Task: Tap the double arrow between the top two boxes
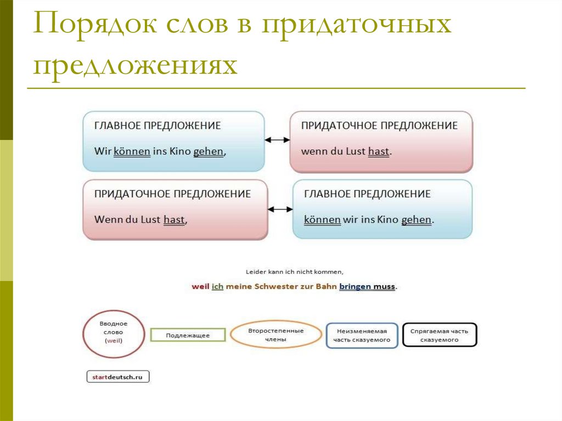277,140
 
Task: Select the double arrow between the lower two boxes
280,209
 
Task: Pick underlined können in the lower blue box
322,220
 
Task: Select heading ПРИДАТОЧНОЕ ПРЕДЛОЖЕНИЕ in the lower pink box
172,194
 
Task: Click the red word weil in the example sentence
200,287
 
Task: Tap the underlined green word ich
218,287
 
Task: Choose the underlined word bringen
355,287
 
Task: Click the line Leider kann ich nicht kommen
294,271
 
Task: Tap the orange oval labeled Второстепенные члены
276,335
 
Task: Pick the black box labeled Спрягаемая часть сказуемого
439,335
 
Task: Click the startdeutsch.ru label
118,377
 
